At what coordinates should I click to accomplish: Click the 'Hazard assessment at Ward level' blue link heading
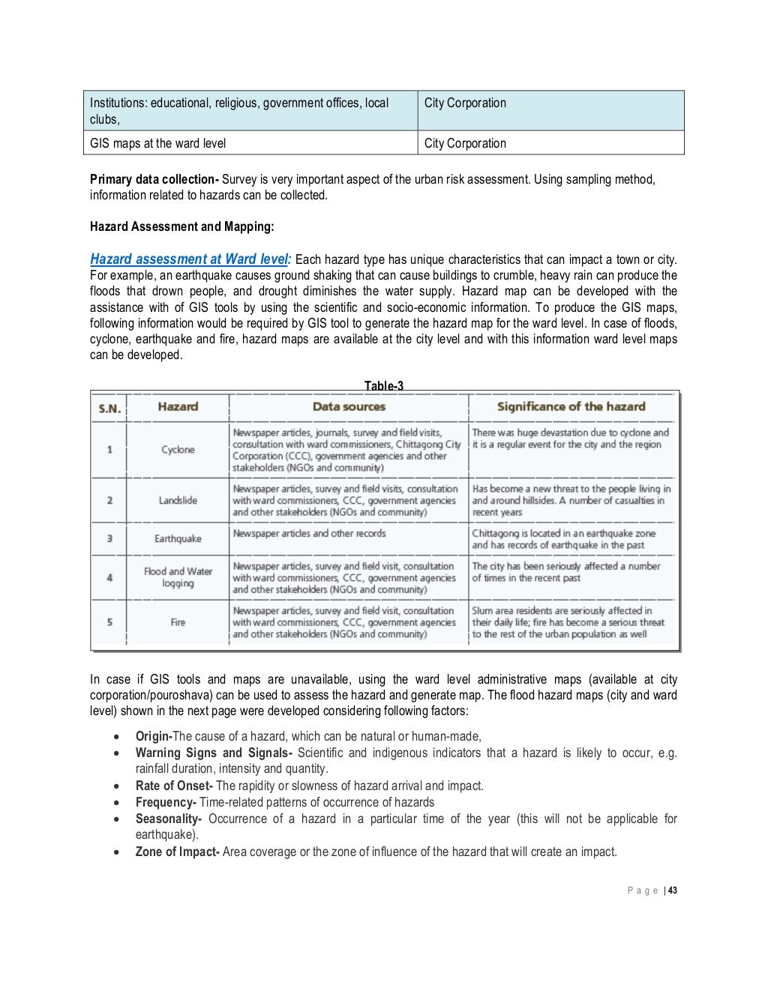(190, 259)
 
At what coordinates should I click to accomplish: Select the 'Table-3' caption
(383, 386)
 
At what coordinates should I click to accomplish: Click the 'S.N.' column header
(109, 408)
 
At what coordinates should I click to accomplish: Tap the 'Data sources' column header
(349, 406)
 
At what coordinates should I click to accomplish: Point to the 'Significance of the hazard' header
(571, 406)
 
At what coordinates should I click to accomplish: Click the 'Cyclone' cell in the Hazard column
(178, 450)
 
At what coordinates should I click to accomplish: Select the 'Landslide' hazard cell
(178, 500)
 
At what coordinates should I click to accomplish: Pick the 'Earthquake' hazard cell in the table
(178, 538)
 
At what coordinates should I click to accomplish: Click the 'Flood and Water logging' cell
(178, 577)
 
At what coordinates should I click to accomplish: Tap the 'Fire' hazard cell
(178, 622)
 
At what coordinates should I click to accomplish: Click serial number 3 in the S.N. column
(109, 538)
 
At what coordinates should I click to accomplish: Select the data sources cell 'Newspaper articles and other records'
(309, 534)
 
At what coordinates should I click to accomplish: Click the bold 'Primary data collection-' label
(154, 179)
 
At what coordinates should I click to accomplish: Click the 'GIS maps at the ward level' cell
(157, 143)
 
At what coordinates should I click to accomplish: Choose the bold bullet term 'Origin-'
(154, 736)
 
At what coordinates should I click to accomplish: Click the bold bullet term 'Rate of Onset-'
(174, 786)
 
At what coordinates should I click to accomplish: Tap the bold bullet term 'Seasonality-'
(168, 819)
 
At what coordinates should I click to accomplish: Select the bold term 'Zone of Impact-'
(177, 852)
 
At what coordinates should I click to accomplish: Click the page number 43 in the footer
(673, 891)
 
